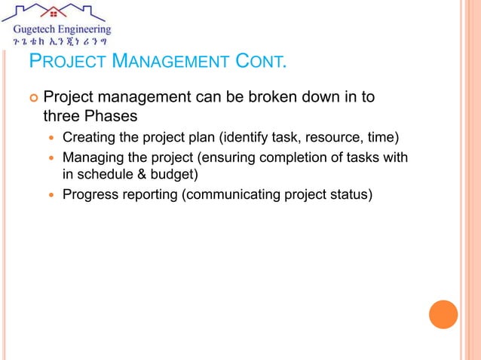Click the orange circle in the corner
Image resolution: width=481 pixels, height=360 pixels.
pyautogui.click(x=443, y=314)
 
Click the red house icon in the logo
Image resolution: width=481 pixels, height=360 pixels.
pyautogui.click(x=57, y=13)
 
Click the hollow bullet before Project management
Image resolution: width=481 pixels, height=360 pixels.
pyautogui.click(x=32, y=98)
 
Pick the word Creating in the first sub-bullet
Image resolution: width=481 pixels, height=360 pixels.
pyautogui.click(x=89, y=137)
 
